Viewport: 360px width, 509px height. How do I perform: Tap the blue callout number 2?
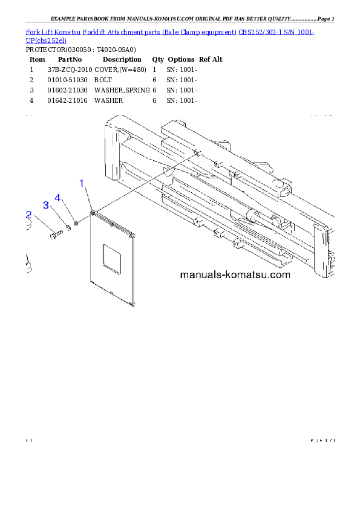pos(28,215)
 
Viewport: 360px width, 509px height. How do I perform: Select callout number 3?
pos(45,206)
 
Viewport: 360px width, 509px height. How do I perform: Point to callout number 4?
pos(58,198)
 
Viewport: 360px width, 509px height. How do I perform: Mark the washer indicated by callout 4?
pos(76,224)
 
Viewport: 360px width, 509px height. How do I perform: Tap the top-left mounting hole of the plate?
pos(93,213)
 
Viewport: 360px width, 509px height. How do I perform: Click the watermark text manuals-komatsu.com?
pos(235,275)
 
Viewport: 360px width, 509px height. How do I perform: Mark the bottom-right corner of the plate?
pos(134,302)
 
